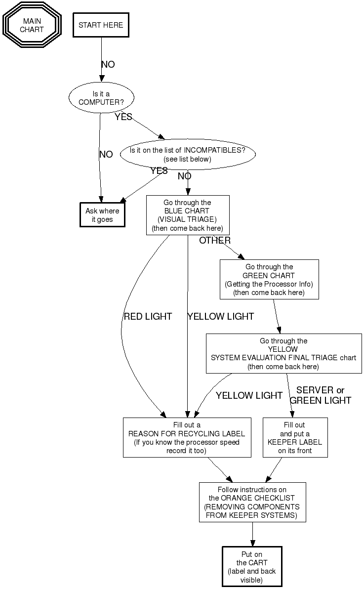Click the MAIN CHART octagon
pos(32,25)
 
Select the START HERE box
pos(101,25)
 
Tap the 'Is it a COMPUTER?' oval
pos(101,97)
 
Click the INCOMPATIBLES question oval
pos(188,154)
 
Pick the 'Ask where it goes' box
pos(102,215)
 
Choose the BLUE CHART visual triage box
pos(188,215)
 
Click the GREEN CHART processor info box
pos(269,279)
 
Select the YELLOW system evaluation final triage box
pos(283,353)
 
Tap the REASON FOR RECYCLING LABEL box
pos(187,437)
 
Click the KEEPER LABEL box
pos(295,437)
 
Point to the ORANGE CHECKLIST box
pos(252,502)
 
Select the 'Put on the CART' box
pos(252,566)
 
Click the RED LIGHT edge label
pos(148,316)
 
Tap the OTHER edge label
pos(215,241)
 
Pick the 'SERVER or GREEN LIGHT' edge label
pos(321,395)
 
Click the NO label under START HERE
pos(108,65)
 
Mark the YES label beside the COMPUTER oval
pos(123,117)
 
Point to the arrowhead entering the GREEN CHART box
pos(242,256)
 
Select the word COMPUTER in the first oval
pos(101,102)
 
